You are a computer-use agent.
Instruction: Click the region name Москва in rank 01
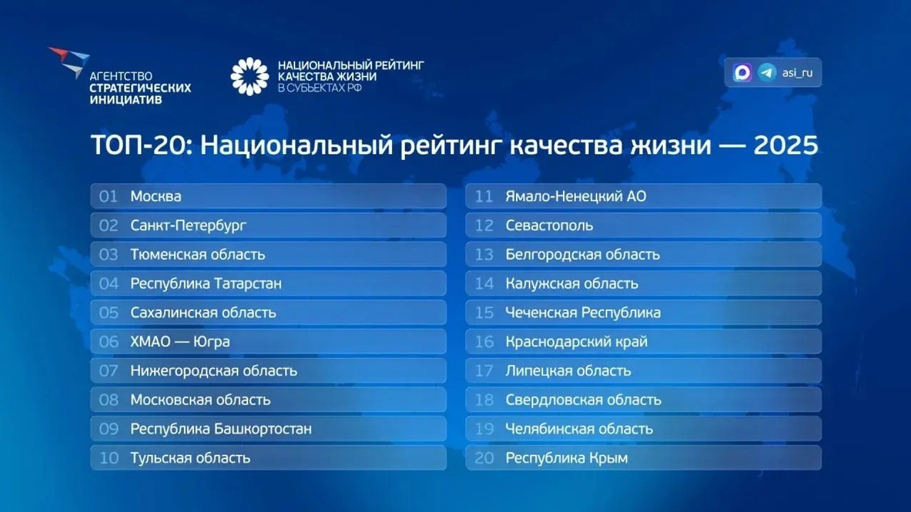pos(155,196)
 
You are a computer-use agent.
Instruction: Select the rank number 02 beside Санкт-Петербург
pos(108,226)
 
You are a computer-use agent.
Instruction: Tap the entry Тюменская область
pos(198,255)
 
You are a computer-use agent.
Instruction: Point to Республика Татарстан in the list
pos(206,284)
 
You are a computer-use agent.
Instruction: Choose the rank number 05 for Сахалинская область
pos(108,313)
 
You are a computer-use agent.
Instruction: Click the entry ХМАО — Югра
pos(180,342)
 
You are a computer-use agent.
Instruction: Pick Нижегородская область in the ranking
pos(214,371)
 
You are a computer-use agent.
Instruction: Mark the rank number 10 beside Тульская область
pos(109,458)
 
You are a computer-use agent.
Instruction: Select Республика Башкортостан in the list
pos(221,429)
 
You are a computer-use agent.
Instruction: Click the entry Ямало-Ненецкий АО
pos(576,196)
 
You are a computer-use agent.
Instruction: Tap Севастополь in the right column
pos(549,226)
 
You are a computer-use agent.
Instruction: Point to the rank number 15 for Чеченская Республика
pos(484,313)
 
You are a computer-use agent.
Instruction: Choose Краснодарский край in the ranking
pos(576,342)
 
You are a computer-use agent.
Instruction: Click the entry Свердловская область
pos(583,400)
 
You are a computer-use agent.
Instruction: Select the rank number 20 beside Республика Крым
pos(484,458)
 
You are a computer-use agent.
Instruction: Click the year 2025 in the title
pos(785,145)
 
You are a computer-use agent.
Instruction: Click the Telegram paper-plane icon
pos(767,72)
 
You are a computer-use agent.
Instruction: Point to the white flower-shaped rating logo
pos(249,76)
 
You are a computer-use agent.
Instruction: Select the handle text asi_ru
pos(797,73)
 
